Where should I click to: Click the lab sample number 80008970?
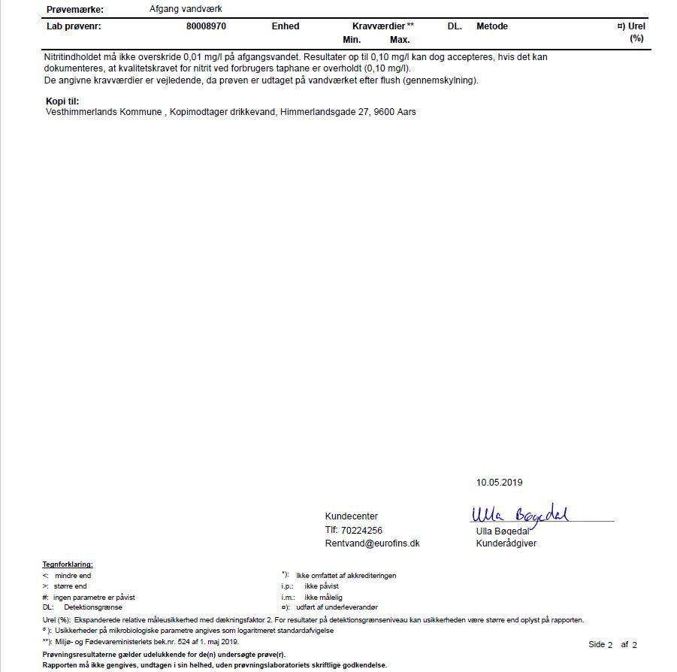pyautogui.click(x=206, y=26)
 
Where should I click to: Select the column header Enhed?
pyautogui.click(x=286, y=26)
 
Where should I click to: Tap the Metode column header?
pyautogui.click(x=492, y=26)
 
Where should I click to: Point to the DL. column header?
pyautogui.click(x=455, y=26)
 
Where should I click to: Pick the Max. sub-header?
pyautogui.click(x=400, y=40)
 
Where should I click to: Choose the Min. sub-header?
pyautogui.click(x=352, y=40)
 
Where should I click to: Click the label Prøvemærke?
pyautogui.click(x=75, y=10)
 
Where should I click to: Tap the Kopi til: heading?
pyautogui.click(x=62, y=101)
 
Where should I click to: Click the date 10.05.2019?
pyautogui.click(x=499, y=483)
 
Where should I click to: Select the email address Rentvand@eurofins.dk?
pyautogui.click(x=372, y=543)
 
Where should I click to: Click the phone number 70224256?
pyautogui.click(x=363, y=530)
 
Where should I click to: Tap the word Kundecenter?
pyautogui.click(x=352, y=516)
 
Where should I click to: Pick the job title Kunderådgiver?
pyautogui.click(x=506, y=543)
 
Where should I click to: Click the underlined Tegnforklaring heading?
pyautogui.click(x=68, y=565)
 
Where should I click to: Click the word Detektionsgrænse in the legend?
pyautogui.click(x=93, y=607)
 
